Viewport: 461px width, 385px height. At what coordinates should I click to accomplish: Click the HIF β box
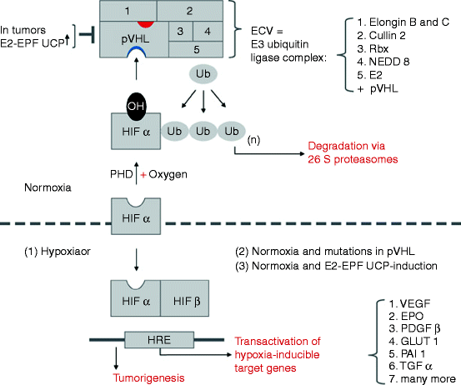click(191, 297)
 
